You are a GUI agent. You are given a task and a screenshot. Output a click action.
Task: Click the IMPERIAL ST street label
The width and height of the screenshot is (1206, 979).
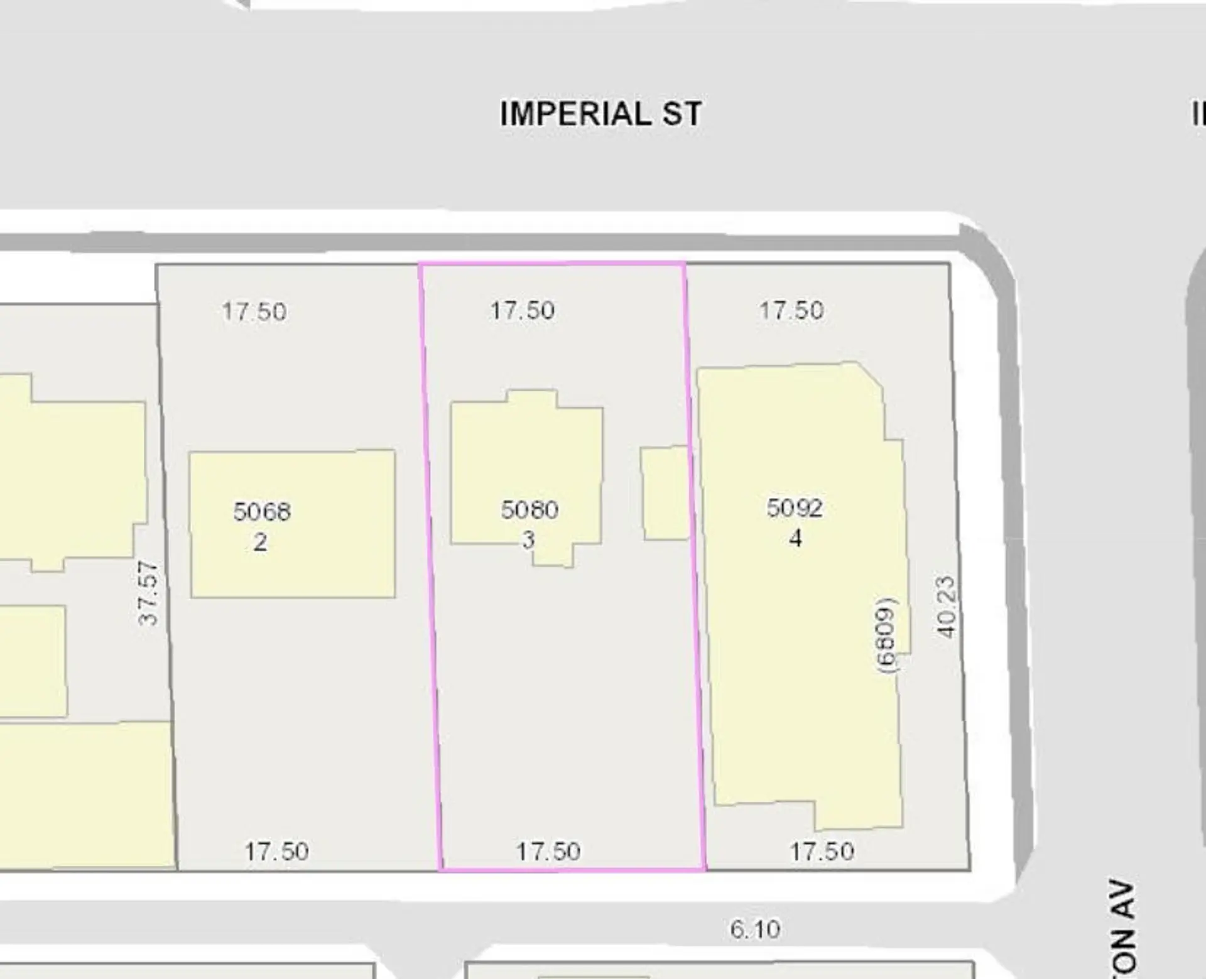pyautogui.click(x=600, y=114)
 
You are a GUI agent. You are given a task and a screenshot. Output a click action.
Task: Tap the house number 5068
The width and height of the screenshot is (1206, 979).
pyautogui.click(x=262, y=511)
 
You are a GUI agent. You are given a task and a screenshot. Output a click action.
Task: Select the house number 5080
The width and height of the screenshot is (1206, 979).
pyautogui.click(x=530, y=509)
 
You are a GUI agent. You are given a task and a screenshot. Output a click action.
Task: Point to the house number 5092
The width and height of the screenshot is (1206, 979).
pyautogui.click(x=795, y=507)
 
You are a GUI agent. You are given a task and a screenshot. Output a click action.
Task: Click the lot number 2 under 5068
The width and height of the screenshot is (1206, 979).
pyautogui.click(x=260, y=542)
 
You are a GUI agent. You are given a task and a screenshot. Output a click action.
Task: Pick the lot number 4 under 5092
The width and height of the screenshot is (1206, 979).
pyautogui.click(x=795, y=538)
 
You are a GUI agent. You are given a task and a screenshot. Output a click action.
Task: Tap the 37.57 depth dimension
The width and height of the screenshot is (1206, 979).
pyautogui.click(x=148, y=593)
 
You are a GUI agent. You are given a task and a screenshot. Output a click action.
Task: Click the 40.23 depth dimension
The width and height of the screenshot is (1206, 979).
pyautogui.click(x=946, y=607)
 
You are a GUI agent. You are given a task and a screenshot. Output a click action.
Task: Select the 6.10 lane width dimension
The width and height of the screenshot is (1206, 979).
pyautogui.click(x=755, y=929)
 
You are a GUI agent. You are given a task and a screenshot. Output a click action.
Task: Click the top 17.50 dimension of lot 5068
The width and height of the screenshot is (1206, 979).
pyautogui.click(x=254, y=311)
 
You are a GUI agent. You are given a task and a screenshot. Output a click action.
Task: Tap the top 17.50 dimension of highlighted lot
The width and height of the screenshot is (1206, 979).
pyautogui.click(x=523, y=310)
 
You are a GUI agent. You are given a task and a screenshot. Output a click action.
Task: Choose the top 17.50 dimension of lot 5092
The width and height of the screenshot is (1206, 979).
pyautogui.click(x=791, y=310)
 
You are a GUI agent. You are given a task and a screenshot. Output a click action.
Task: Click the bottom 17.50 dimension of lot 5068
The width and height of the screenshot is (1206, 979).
pyautogui.click(x=276, y=852)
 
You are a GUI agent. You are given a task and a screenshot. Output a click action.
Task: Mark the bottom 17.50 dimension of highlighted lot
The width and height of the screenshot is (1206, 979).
pyautogui.click(x=548, y=852)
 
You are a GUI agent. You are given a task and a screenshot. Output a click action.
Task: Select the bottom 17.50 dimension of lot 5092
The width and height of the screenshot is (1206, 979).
pyautogui.click(x=822, y=852)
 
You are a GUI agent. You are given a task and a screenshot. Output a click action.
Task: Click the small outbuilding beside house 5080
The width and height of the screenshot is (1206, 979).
pyautogui.click(x=665, y=493)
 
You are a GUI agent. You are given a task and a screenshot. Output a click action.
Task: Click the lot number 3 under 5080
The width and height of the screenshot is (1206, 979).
pyautogui.click(x=529, y=539)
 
